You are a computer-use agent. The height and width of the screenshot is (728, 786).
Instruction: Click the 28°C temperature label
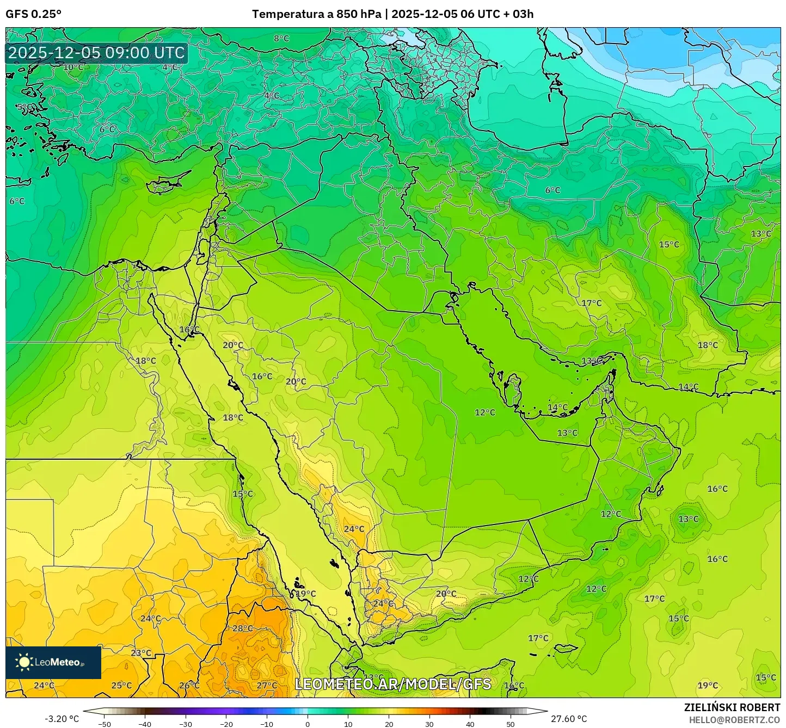pyautogui.click(x=242, y=628)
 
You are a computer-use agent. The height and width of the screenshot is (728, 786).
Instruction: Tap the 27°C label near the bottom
pyautogui.click(x=267, y=685)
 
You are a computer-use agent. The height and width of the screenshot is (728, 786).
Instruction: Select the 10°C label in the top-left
pyautogui.click(x=73, y=67)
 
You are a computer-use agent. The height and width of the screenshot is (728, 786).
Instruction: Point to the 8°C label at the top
pyautogui.click(x=281, y=38)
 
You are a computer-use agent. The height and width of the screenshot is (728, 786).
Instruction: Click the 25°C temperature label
pyautogui.click(x=121, y=685)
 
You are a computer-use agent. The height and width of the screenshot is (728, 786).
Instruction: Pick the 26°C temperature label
pyautogui.click(x=189, y=685)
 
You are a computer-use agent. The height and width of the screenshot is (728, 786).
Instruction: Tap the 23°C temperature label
pyautogui.click(x=141, y=653)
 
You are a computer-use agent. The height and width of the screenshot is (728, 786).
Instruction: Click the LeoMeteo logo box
pyautogui.click(x=53, y=662)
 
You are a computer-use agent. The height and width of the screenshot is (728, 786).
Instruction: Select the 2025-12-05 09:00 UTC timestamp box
pyautogui.click(x=97, y=53)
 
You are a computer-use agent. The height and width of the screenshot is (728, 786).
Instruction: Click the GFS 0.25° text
pyautogui.click(x=33, y=14)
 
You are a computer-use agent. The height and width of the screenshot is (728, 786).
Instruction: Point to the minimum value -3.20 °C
pyautogui.click(x=62, y=719)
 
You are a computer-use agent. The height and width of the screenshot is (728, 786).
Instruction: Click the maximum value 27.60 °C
pyautogui.click(x=569, y=719)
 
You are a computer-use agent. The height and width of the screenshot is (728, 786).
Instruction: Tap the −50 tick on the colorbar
pyautogui.click(x=104, y=724)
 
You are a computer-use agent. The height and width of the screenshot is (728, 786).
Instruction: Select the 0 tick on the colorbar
pyautogui.click(x=308, y=724)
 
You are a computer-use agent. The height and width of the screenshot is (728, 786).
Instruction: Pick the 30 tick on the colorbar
pyautogui.click(x=429, y=724)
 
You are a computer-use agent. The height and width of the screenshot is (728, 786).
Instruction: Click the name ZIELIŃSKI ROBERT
pyautogui.click(x=732, y=707)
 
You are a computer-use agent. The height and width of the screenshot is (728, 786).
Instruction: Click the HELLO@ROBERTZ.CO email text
pyautogui.click(x=734, y=719)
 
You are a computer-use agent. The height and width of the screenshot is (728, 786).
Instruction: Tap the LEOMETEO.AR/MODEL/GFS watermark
pyautogui.click(x=393, y=684)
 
